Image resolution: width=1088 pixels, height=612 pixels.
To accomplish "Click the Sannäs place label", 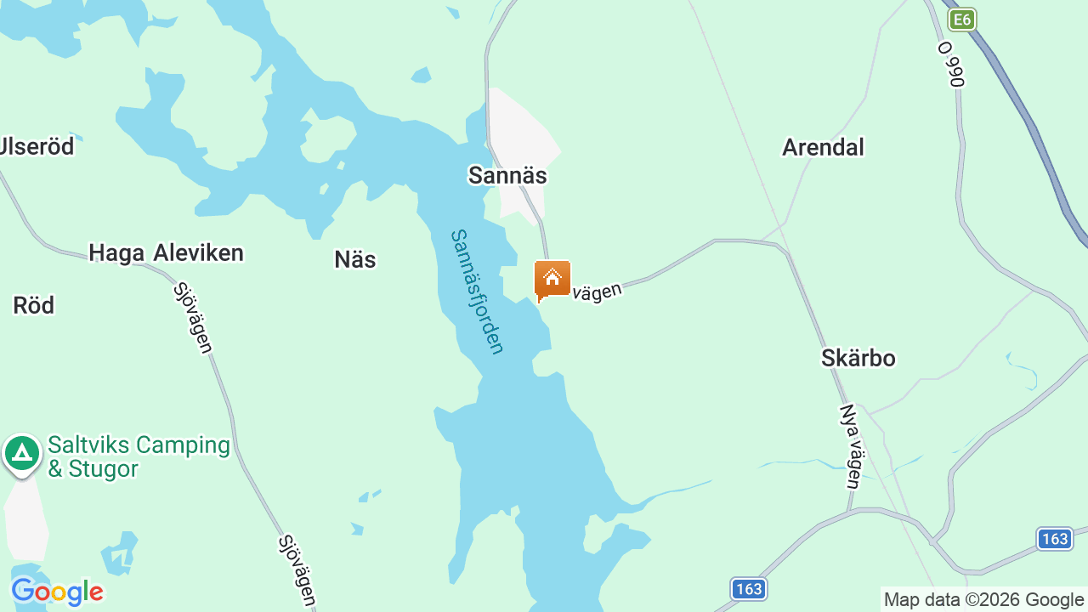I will pyautogui.click(x=507, y=175).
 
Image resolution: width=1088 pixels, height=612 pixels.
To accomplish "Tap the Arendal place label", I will pyautogui.click(x=823, y=147).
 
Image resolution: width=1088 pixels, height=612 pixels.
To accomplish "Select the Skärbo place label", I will pyautogui.click(x=858, y=358).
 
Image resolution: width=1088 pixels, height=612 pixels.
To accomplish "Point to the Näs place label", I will pyautogui.click(x=355, y=259).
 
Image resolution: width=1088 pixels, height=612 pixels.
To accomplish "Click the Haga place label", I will pyautogui.click(x=116, y=252).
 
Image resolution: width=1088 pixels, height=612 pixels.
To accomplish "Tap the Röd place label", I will pyautogui.click(x=34, y=305).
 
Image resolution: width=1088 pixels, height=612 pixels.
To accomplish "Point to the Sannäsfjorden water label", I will pyautogui.click(x=478, y=291).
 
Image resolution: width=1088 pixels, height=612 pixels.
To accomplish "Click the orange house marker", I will pyautogui.click(x=552, y=280).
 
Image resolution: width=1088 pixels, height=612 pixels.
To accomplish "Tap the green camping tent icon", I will pyautogui.click(x=22, y=453).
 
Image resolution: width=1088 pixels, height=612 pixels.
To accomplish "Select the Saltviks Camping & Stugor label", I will pyautogui.click(x=139, y=456).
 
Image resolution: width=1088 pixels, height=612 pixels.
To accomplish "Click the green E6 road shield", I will pyautogui.click(x=961, y=20).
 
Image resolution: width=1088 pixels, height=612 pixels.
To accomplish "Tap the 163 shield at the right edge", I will pyautogui.click(x=1054, y=538).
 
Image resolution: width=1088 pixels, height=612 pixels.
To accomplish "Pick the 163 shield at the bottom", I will pyautogui.click(x=749, y=588).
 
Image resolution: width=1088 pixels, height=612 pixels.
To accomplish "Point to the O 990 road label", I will pyautogui.click(x=952, y=65).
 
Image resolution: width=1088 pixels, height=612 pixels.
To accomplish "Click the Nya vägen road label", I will pyautogui.click(x=851, y=446).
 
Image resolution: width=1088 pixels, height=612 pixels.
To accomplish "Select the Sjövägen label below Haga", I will pyautogui.click(x=193, y=318).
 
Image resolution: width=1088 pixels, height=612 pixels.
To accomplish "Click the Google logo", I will pyautogui.click(x=57, y=592).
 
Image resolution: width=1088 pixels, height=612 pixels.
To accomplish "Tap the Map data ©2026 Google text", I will pyautogui.click(x=983, y=600).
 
